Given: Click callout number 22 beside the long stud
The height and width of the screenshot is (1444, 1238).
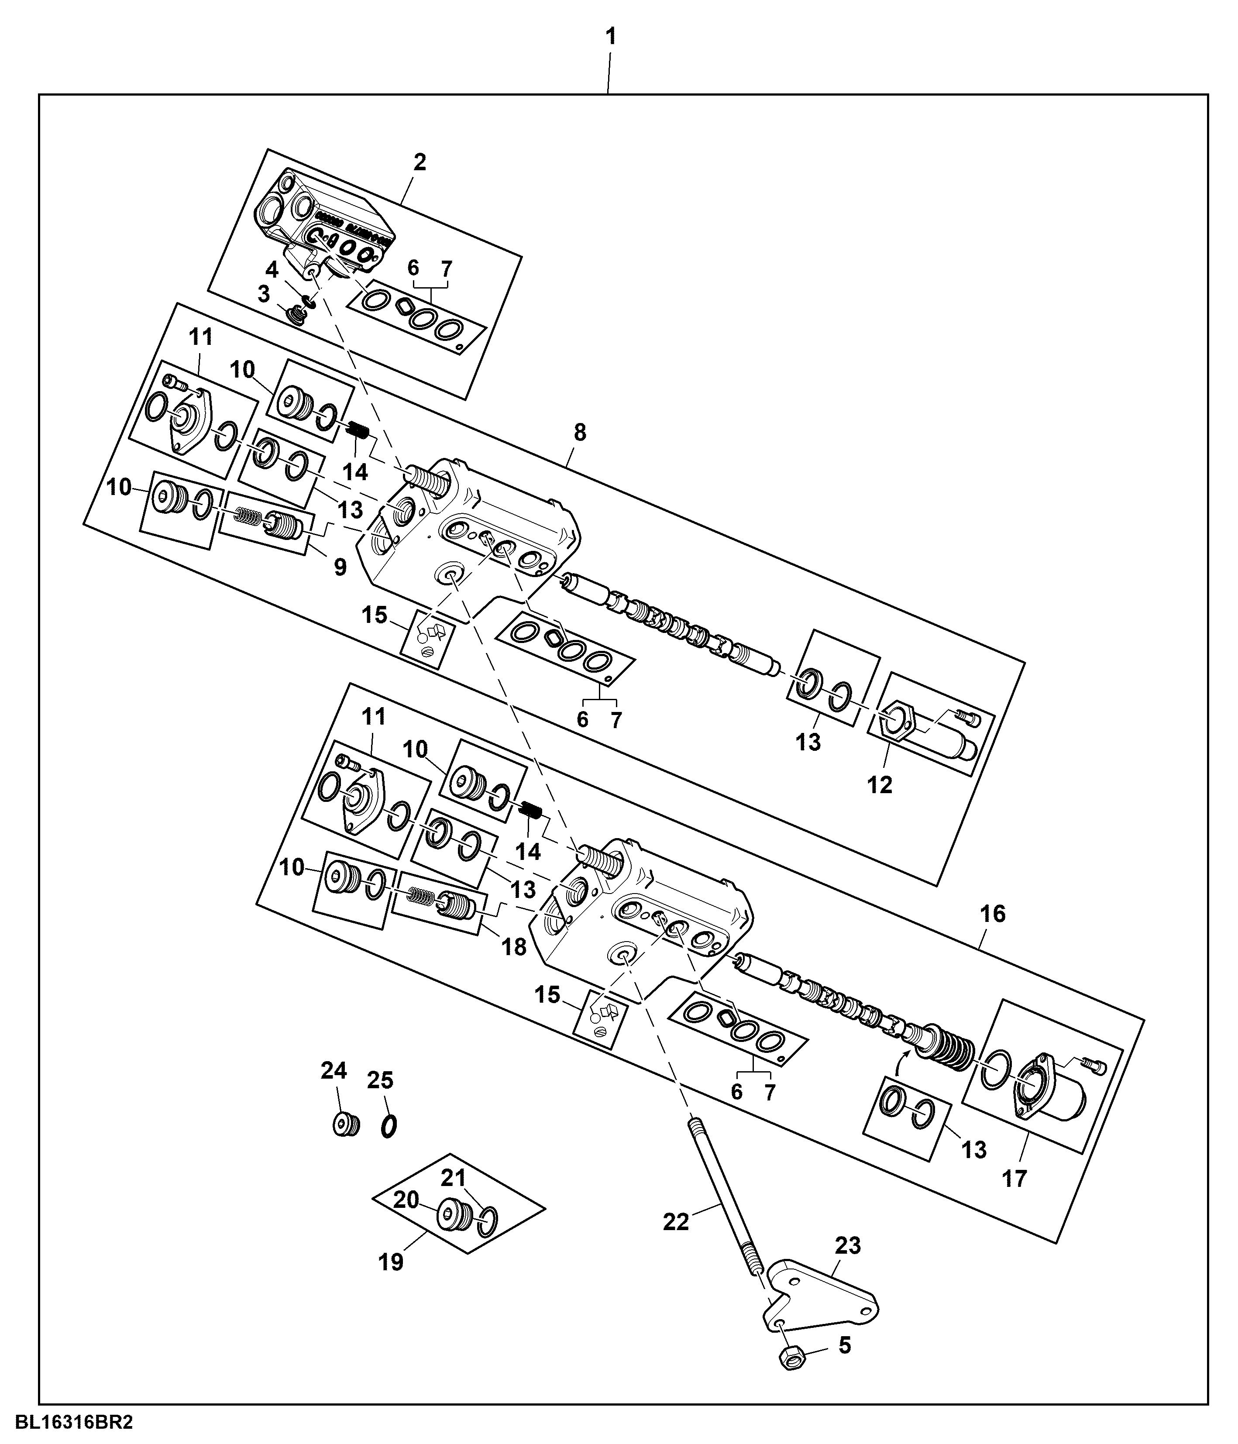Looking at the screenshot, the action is coord(675,1222).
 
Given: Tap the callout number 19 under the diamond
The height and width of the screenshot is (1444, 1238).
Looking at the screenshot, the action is coord(391,1262).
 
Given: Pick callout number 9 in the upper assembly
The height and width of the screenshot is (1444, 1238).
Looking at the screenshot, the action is coord(340,567).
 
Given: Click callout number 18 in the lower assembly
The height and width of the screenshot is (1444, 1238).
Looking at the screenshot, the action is coord(514,947).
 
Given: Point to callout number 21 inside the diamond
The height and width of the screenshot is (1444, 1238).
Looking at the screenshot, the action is coord(453,1178).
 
